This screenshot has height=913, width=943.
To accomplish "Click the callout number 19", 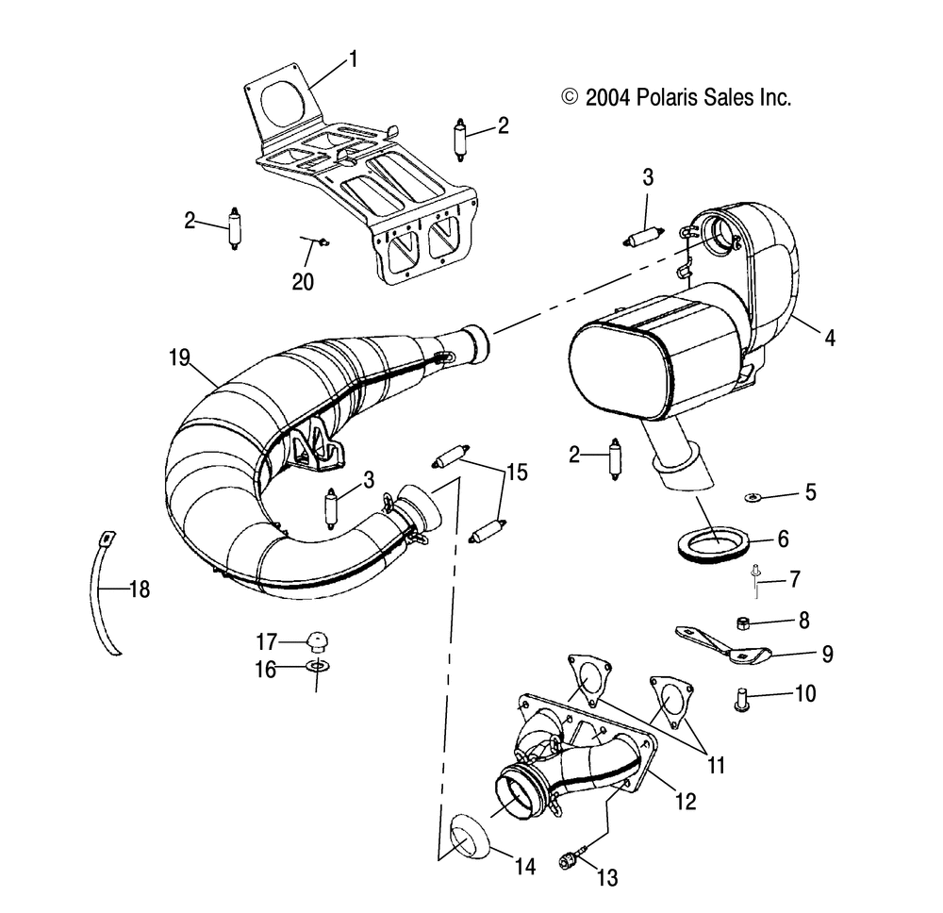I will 180,357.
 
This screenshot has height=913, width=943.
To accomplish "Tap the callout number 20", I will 304,281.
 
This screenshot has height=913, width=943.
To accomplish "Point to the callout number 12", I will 687,802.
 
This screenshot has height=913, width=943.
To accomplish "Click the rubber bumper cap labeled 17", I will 316,642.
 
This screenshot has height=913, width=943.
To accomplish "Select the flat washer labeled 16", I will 317,669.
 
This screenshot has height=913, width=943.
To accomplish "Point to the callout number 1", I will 354,59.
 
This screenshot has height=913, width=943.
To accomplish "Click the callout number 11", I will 717,764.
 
